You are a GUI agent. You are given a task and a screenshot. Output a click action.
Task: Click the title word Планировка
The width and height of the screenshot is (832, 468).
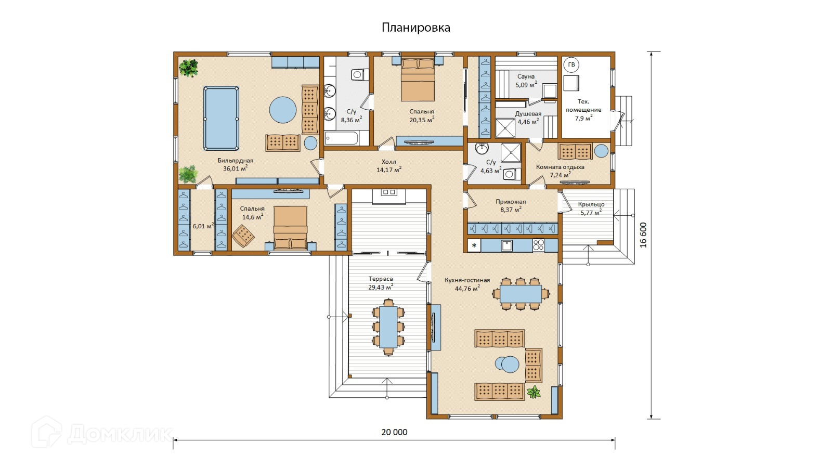(x=415, y=28)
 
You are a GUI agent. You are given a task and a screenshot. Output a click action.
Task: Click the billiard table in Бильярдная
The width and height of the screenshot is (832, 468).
(x=221, y=118)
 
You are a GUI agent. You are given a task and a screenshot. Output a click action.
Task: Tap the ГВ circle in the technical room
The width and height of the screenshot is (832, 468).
(x=571, y=65)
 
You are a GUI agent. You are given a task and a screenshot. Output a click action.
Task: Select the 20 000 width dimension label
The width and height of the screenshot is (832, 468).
(x=394, y=432)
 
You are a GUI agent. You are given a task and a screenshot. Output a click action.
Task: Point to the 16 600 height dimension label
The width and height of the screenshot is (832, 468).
(x=643, y=235)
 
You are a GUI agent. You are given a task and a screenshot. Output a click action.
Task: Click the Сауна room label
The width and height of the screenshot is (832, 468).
(x=526, y=76)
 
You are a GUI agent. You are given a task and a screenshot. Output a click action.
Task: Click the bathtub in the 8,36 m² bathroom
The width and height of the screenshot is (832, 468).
(x=342, y=138)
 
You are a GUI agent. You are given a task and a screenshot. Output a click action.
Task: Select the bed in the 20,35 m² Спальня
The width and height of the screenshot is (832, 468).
(x=418, y=79)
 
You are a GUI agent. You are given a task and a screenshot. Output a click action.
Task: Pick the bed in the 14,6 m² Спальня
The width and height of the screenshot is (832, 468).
(x=291, y=228)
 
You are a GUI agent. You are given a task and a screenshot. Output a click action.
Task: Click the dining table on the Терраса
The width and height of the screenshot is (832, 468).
(x=388, y=327)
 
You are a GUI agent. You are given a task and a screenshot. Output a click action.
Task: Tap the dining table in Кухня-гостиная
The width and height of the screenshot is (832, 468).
(x=521, y=294)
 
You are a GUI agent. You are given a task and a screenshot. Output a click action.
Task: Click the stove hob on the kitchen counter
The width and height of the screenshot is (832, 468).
(x=539, y=245)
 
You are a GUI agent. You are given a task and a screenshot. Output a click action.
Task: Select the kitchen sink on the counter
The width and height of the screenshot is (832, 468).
(x=506, y=245)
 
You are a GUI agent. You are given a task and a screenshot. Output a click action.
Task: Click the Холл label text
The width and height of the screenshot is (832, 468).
(x=389, y=162)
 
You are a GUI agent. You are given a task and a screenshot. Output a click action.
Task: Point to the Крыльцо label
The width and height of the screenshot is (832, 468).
(x=591, y=204)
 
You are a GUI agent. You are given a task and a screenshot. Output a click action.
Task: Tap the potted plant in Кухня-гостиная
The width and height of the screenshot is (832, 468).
(x=534, y=392)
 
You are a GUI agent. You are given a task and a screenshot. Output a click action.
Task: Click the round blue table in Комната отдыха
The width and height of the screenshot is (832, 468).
(x=601, y=151)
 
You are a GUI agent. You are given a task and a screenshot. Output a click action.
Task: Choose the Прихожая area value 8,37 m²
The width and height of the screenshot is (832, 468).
(x=511, y=210)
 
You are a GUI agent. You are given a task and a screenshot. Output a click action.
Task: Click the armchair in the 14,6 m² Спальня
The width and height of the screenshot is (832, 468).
(x=243, y=236)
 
